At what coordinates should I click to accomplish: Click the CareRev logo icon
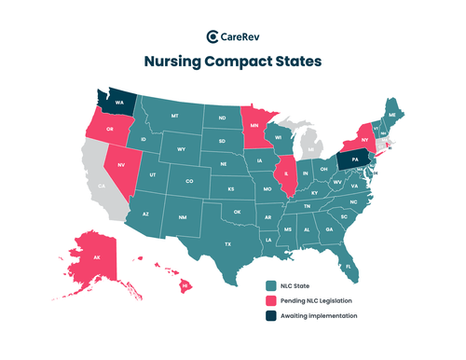pyautogui.click(x=212, y=36)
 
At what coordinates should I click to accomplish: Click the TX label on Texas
pyautogui.click(x=226, y=243)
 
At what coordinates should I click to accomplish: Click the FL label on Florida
pyautogui.click(x=348, y=266)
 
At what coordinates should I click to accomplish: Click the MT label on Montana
pyautogui.click(x=174, y=116)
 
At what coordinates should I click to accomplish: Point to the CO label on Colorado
pyautogui.click(x=190, y=181)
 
